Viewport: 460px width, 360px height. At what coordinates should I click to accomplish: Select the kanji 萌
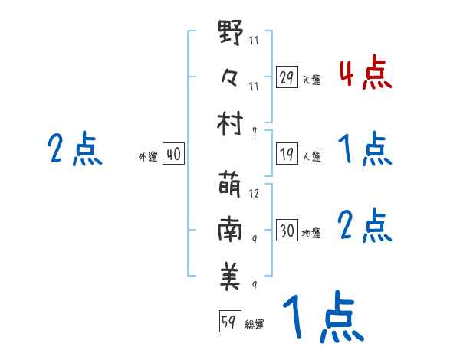click(231, 185)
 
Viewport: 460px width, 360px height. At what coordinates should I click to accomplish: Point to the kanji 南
click(231, 231)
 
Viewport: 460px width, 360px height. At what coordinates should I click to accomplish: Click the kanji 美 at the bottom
click(231, 275)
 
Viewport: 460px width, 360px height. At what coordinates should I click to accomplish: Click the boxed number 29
click(287, 77)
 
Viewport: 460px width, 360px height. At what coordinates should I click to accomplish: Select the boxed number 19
click(287, 154)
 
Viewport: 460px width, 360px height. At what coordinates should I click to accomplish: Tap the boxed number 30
click(287, 231)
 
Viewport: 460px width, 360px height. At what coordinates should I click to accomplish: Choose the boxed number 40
click(173, 155)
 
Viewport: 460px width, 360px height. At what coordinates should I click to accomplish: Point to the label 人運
click(310, 156)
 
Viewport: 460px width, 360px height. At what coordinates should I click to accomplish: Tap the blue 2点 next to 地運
click(364, 226)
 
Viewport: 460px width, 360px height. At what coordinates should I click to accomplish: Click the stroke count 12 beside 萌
click(254, 194)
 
